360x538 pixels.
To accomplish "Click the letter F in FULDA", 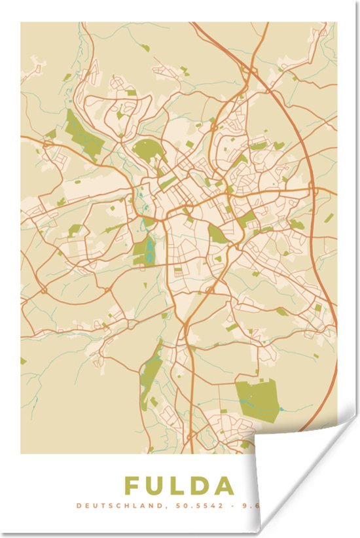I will click(x=133, y=486).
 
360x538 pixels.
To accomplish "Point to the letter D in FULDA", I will click(x=200, y=486).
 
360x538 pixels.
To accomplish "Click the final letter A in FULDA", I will click(x=224, y=486).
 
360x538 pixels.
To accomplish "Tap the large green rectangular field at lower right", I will click(x=257, y=398).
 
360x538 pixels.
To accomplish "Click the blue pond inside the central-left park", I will click(x=149, y=248).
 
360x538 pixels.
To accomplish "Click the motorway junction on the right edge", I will click(x=314, y=190).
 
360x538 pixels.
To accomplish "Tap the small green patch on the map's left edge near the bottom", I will click(x=23, y=361).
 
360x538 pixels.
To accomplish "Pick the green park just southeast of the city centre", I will click(x=218, y=234).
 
